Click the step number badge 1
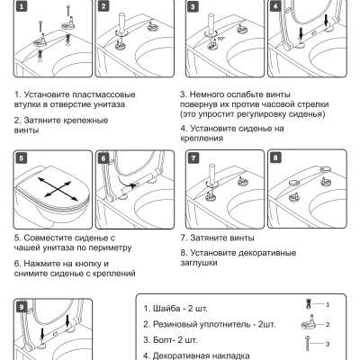point(22,6)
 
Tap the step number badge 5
point(22,158)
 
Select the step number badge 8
point(275,157)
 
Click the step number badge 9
point(22,307)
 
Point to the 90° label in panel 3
point(221,39)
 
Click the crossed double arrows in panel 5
point(57,189)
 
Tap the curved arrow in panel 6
point(127,183)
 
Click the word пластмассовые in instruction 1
point(103,94)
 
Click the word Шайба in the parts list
point(166,309)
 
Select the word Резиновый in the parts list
point(175,324)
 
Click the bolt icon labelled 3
point(308,343)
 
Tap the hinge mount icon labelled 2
point(308,322)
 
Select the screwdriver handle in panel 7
point(211,173)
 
